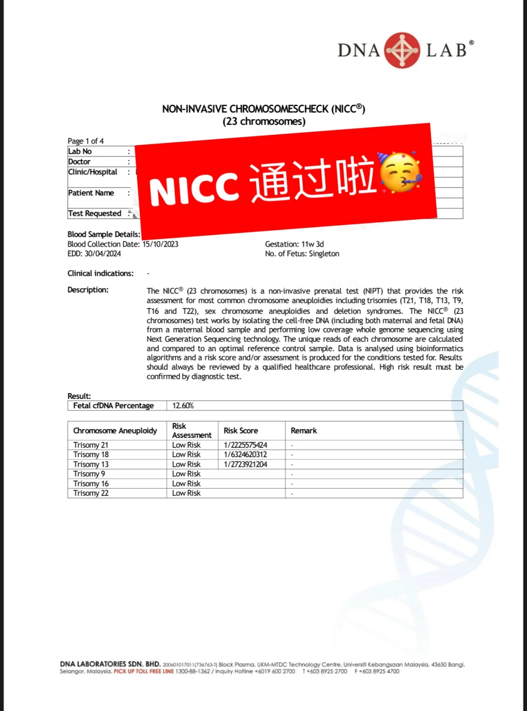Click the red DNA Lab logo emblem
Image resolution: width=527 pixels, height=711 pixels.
point(402,50)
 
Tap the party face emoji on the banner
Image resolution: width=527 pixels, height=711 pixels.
point(399,173)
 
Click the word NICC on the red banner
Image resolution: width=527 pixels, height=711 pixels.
point(194,188)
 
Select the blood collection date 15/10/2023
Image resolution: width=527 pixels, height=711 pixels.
point(161,244)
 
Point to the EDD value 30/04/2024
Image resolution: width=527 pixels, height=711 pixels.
point(103,254)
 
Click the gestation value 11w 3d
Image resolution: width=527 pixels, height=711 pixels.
point(312,244)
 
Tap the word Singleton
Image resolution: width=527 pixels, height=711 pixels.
point(324,254)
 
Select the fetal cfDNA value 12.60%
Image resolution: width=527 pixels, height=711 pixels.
point(183,406)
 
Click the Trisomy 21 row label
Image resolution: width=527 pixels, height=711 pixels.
point(91,445)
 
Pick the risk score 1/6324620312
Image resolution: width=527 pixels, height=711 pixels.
point(245,455)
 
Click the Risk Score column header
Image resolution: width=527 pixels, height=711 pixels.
point(241,431)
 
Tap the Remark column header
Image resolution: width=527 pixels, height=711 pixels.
point(304,431)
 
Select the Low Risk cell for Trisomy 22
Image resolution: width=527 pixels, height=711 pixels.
point(186,493)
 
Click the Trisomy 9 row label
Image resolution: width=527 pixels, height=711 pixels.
point(89,474)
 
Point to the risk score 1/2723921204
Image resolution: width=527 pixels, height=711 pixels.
point(245,464)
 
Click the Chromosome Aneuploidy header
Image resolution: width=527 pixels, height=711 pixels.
point(115,431)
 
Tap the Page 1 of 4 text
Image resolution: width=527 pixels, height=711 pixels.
point(85,141)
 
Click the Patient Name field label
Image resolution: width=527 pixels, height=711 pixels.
point(91,193)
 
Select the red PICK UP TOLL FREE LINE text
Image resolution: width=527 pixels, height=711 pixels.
point(143,671)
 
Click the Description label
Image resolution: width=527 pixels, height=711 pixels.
point(88,290)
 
